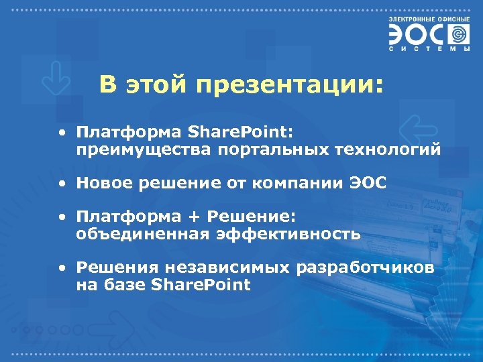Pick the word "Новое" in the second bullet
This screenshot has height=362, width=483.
point(101,183)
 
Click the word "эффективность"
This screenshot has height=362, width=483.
point(288,235)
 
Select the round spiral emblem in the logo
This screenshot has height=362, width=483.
point(459,34)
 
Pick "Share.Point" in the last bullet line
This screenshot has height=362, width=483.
point(201,285)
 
